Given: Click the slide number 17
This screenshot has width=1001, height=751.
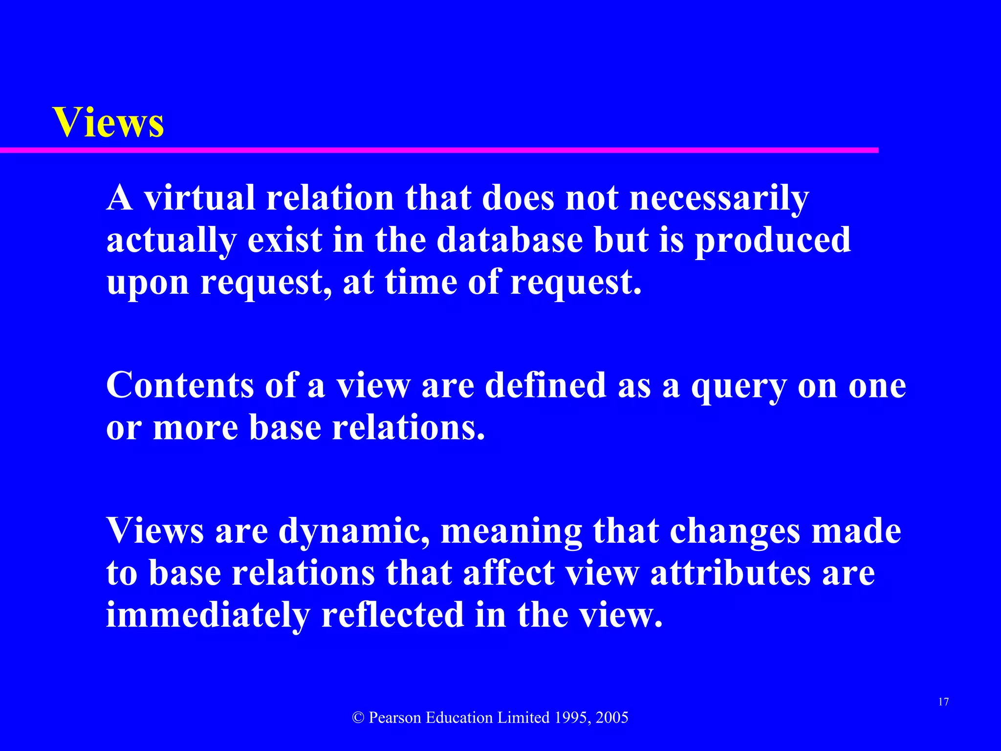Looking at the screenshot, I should click(x=943, y=702).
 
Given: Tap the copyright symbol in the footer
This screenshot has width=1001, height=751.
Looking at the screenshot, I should click(x=358, y=718).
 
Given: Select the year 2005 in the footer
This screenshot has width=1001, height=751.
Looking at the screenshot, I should click(x=612, y=718).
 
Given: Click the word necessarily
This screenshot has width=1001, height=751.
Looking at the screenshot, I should click(x=719, y=199).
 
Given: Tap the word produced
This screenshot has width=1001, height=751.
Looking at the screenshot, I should click(x=773, y=241).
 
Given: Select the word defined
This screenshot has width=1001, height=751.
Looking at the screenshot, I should click(x=545, y=385).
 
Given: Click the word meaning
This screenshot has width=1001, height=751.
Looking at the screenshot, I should click(x=511, y=531).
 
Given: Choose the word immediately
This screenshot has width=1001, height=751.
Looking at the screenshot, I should click(x=208, y=615).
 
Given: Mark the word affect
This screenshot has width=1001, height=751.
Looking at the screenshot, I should click(x=508, y=573).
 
